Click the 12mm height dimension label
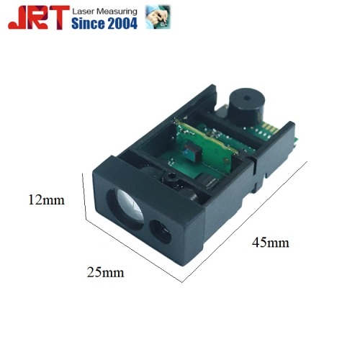click(46, 200)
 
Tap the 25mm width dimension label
click(105, 272)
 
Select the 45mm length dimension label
click(271, 243)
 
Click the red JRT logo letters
click(39, 17)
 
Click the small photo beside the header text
click(158, 17)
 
